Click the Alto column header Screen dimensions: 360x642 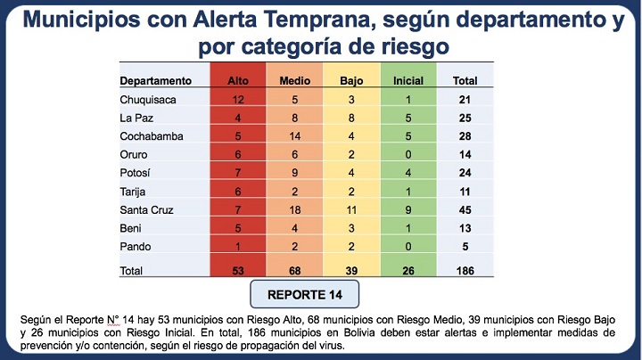[x=237, y=81]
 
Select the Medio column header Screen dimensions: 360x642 [x=294, y=81]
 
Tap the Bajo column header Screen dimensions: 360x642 [x=352, y=81]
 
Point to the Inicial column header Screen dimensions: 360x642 [x=408, y=81]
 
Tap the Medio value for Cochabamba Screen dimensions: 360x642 [x=295, y=138]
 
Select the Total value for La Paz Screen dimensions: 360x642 [x=465, y=119]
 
